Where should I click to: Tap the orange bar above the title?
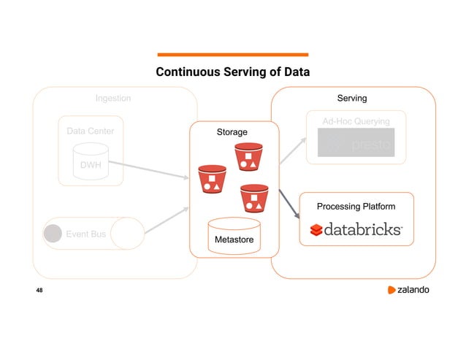(233, 54)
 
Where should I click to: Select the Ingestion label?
(113, 98)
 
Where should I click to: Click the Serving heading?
(351, 97)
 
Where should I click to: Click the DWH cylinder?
(91, 163)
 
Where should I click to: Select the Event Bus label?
(86, 234)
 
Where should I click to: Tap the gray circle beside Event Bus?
(53, 234)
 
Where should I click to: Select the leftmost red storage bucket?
(212, 180)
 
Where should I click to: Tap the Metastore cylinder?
(234, 235)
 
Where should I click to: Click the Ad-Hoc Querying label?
(356, 120)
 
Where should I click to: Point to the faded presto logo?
(356, 143)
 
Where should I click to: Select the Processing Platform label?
(356, 207)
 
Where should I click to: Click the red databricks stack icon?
(316, 231)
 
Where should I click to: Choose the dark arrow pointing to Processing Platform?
(290, 206)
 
